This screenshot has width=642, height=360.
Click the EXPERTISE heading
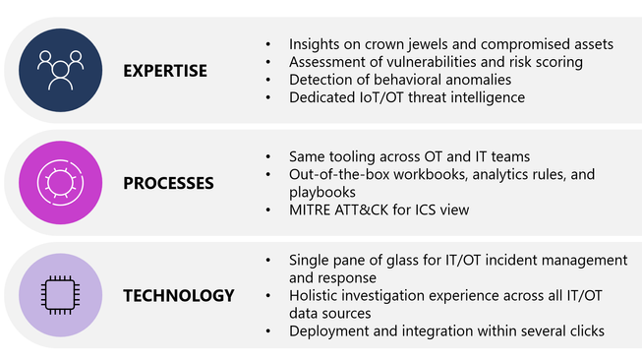click(165, 71)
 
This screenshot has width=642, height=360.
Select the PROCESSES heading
click(168, 183)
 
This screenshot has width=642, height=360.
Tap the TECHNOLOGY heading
click(179, 296)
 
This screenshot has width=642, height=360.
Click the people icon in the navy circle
click(61, 70)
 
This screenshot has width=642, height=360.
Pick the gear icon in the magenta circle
click(61, 182)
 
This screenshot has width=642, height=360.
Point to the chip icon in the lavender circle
click(61, 295)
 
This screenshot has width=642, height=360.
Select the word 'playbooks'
click(322, 193)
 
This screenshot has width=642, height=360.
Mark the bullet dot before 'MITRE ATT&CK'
click(268, 210)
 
